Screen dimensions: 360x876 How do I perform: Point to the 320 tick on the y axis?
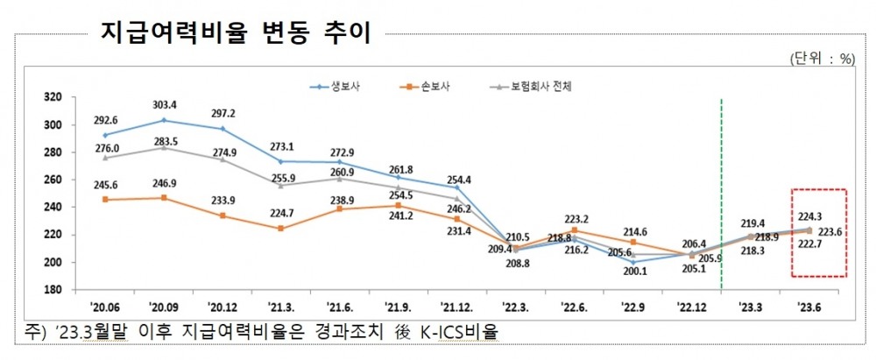[53, 97]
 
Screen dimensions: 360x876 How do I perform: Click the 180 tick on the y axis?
[53, 290]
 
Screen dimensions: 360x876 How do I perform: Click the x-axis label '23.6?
[806, 307]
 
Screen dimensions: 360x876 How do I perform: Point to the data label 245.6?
[105, 186]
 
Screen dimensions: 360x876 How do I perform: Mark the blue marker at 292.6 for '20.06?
[105, 136]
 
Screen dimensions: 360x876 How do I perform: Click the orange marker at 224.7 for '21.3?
[280, 229]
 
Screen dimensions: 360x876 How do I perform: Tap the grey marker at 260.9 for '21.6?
[339, 179]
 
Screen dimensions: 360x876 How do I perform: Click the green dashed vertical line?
[720, 193]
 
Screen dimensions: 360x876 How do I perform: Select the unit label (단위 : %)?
[821, 59]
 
